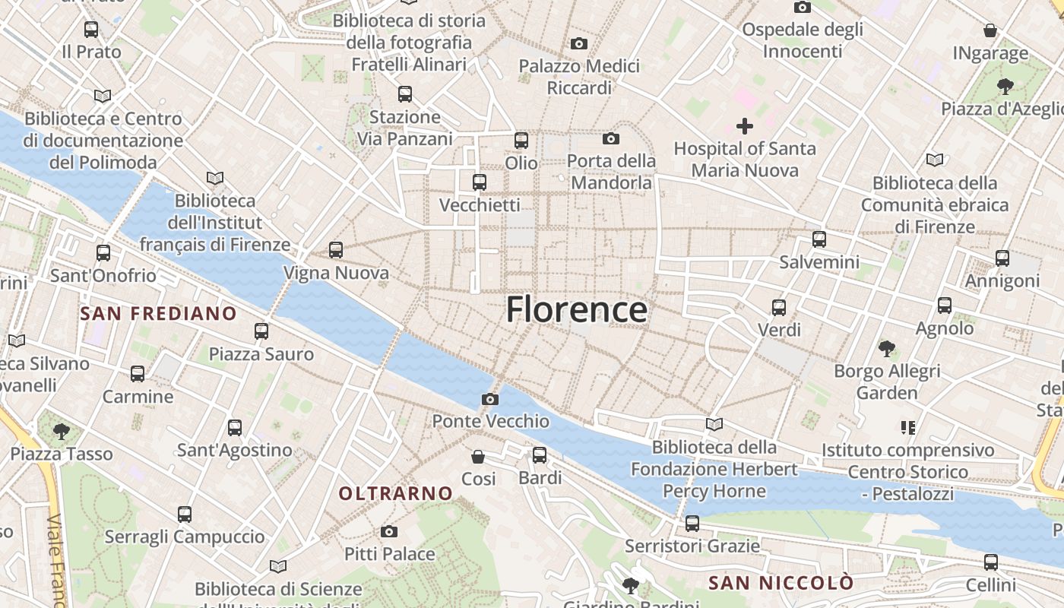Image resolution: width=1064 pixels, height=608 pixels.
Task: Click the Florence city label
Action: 577,310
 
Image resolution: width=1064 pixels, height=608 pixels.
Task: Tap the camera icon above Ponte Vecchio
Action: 490,399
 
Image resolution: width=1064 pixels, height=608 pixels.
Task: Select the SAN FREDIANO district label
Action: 158,313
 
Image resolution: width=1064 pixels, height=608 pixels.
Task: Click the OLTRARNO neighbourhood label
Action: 395,493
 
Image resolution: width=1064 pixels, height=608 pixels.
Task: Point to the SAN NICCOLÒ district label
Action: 781,583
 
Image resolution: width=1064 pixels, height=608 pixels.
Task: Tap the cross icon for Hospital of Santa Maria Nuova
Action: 745,126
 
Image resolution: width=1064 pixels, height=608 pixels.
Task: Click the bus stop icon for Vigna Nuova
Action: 336,249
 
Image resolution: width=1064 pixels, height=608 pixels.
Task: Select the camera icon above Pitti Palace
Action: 389,531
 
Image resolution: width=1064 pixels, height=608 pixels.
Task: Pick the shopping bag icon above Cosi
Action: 478,456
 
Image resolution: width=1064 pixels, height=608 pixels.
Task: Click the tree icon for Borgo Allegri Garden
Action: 886,349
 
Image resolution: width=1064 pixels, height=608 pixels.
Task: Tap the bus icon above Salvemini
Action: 819,239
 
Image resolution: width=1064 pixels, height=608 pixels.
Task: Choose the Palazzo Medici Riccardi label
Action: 579,77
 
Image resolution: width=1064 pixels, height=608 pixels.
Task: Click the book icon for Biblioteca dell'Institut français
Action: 215,179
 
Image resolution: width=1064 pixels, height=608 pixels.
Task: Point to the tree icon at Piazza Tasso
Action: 61,432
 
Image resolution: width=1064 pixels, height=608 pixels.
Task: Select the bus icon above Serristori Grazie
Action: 692,524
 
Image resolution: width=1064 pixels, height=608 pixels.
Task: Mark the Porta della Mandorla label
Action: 612,172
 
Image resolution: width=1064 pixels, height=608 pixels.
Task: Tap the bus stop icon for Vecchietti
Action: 479,182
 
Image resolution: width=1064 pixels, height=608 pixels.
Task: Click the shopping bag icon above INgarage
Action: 990,30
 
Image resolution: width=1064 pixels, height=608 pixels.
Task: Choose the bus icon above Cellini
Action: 990,562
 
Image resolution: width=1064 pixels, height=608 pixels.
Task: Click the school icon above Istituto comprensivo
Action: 907,428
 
